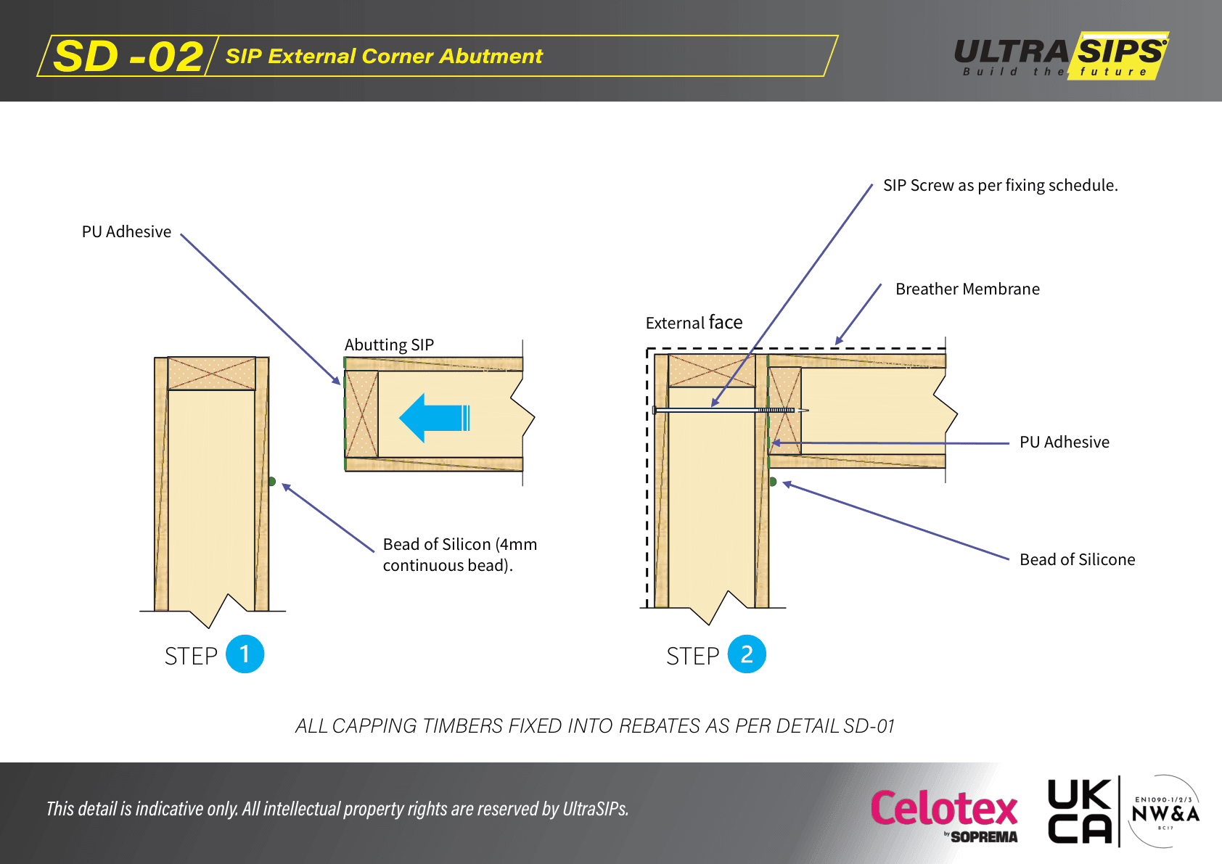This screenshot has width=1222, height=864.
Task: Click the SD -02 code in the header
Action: point(128,57)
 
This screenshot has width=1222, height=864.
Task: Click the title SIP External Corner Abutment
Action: point(384,57)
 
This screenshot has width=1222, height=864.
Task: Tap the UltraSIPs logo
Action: point(1061,55)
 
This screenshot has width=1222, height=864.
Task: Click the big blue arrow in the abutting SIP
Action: point(434,418)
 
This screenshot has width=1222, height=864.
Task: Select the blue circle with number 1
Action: point(245,654)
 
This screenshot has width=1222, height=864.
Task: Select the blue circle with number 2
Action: point(747,654)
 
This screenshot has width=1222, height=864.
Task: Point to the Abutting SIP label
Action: point(389,345)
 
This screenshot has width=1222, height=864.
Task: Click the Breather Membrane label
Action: point(967,289)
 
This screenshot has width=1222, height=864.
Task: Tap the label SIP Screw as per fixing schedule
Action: point(1000,185)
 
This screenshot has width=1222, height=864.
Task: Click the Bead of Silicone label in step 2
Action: point(1077,559)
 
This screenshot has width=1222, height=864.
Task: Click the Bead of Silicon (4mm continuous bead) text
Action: point(459,554)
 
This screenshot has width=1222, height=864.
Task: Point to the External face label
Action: point(694,322)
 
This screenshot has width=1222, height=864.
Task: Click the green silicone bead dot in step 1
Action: point(272,481)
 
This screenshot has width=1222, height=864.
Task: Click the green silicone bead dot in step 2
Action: point(773,482)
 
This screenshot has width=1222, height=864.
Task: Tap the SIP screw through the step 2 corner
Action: point(726,411)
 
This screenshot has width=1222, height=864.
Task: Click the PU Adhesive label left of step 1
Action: point(126,231)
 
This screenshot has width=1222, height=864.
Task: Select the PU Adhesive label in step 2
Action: point(1064,442)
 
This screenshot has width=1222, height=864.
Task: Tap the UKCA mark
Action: point(1079,812)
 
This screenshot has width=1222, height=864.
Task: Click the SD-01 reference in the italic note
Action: point(869,725)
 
